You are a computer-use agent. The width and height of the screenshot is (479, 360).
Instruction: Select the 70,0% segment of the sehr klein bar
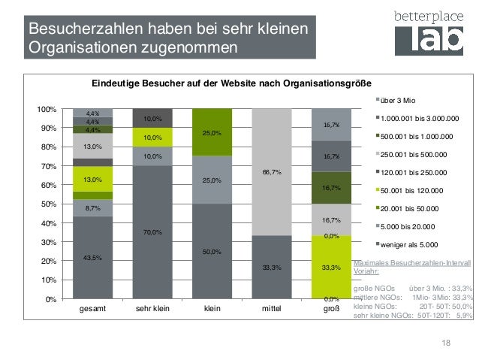point(152,232)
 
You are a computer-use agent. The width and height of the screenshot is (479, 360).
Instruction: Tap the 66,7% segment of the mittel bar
point(272,172)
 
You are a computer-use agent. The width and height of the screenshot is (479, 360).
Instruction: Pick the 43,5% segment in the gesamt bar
point(93,258)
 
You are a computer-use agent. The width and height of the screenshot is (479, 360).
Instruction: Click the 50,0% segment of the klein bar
point(212,252)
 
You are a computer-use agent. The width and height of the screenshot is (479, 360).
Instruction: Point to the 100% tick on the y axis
point(47,110)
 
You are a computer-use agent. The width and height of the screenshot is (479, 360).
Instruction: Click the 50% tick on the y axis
point(50,204)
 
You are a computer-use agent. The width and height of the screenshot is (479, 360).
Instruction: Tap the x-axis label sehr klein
point(152,309)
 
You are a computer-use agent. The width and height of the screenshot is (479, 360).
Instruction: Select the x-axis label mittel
point(272,309)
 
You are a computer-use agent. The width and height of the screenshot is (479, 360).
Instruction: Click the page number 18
point(446,343)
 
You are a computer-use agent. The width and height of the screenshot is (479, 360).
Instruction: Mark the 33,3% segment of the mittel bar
point(272,267)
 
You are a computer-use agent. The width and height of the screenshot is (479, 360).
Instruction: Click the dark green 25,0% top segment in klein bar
point(212,132)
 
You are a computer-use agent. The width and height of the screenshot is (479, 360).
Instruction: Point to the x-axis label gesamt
point(93,309)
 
